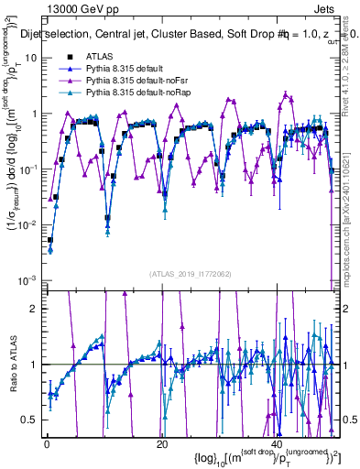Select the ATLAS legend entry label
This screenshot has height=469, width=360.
click(99, 57)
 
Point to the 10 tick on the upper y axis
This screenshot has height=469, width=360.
click(32, 58)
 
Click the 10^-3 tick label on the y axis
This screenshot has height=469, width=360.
click(29, 279)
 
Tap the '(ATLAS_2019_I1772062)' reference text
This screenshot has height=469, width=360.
click(189, 274)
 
